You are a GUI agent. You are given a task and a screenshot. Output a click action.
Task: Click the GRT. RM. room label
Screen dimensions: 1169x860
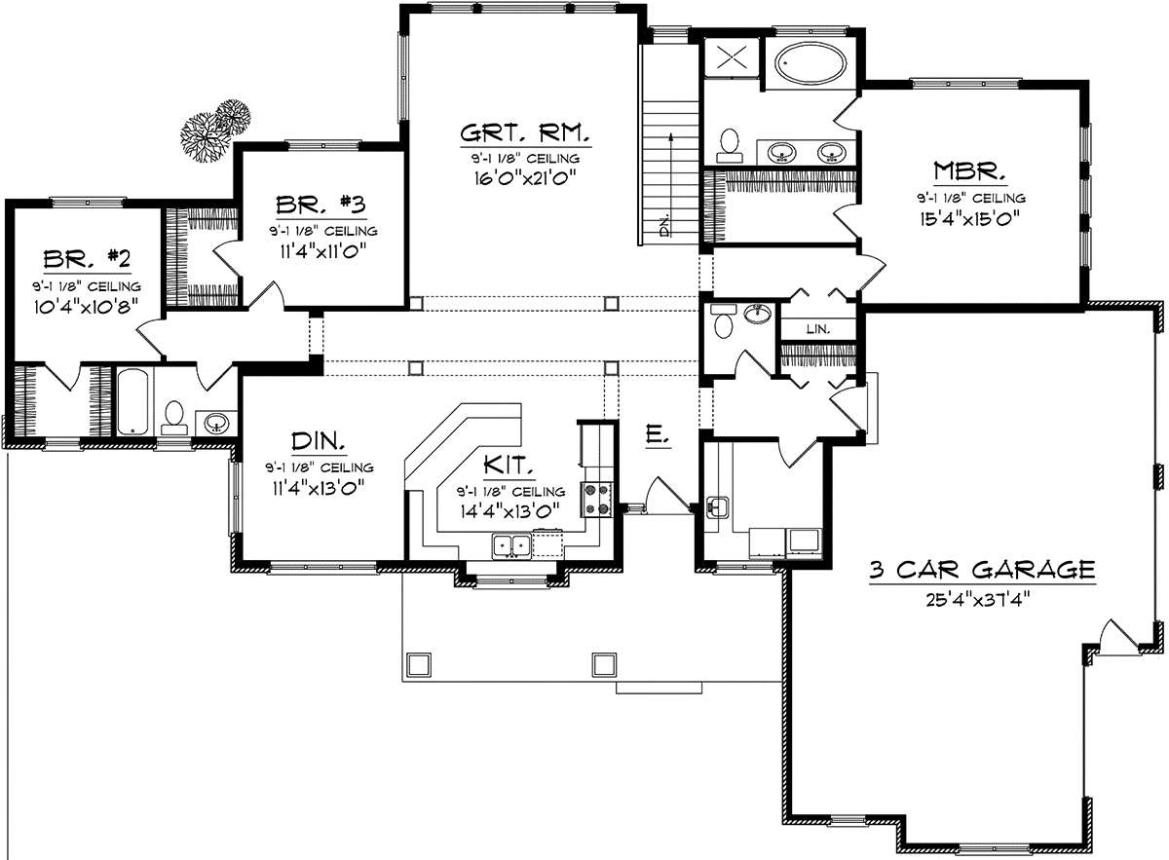point(525,133)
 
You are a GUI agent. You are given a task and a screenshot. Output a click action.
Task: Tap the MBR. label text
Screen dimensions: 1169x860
point(970,171)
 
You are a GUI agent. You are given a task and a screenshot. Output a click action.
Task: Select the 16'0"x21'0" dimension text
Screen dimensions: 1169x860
point(525,178)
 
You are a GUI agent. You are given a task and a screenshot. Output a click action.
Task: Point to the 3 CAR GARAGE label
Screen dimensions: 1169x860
point(982,570)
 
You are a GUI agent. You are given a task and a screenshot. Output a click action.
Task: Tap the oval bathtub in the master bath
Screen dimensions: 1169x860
point(811,63)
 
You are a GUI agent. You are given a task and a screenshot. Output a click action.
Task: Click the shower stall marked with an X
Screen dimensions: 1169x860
point(732,57)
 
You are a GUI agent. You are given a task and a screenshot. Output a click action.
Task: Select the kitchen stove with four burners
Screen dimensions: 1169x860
point(597,500)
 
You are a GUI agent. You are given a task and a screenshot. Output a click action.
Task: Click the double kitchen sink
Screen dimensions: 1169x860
point(512,545)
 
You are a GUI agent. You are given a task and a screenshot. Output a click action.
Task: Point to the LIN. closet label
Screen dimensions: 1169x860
point(817,329)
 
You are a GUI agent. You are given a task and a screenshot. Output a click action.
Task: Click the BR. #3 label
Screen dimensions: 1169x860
point(321,206)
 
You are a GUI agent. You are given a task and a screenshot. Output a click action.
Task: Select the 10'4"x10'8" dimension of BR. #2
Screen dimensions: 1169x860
point(86,306)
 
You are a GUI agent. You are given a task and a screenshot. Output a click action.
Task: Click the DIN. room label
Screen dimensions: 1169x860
point(318,441)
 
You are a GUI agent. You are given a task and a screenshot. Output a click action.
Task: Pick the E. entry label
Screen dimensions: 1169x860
point(658,435)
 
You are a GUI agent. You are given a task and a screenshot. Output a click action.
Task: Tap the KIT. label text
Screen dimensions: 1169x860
point(509,465)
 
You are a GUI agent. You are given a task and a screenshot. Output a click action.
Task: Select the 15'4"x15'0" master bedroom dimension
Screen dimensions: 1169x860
point(970,218)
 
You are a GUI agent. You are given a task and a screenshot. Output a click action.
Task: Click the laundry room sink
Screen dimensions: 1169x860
point(718,507)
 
